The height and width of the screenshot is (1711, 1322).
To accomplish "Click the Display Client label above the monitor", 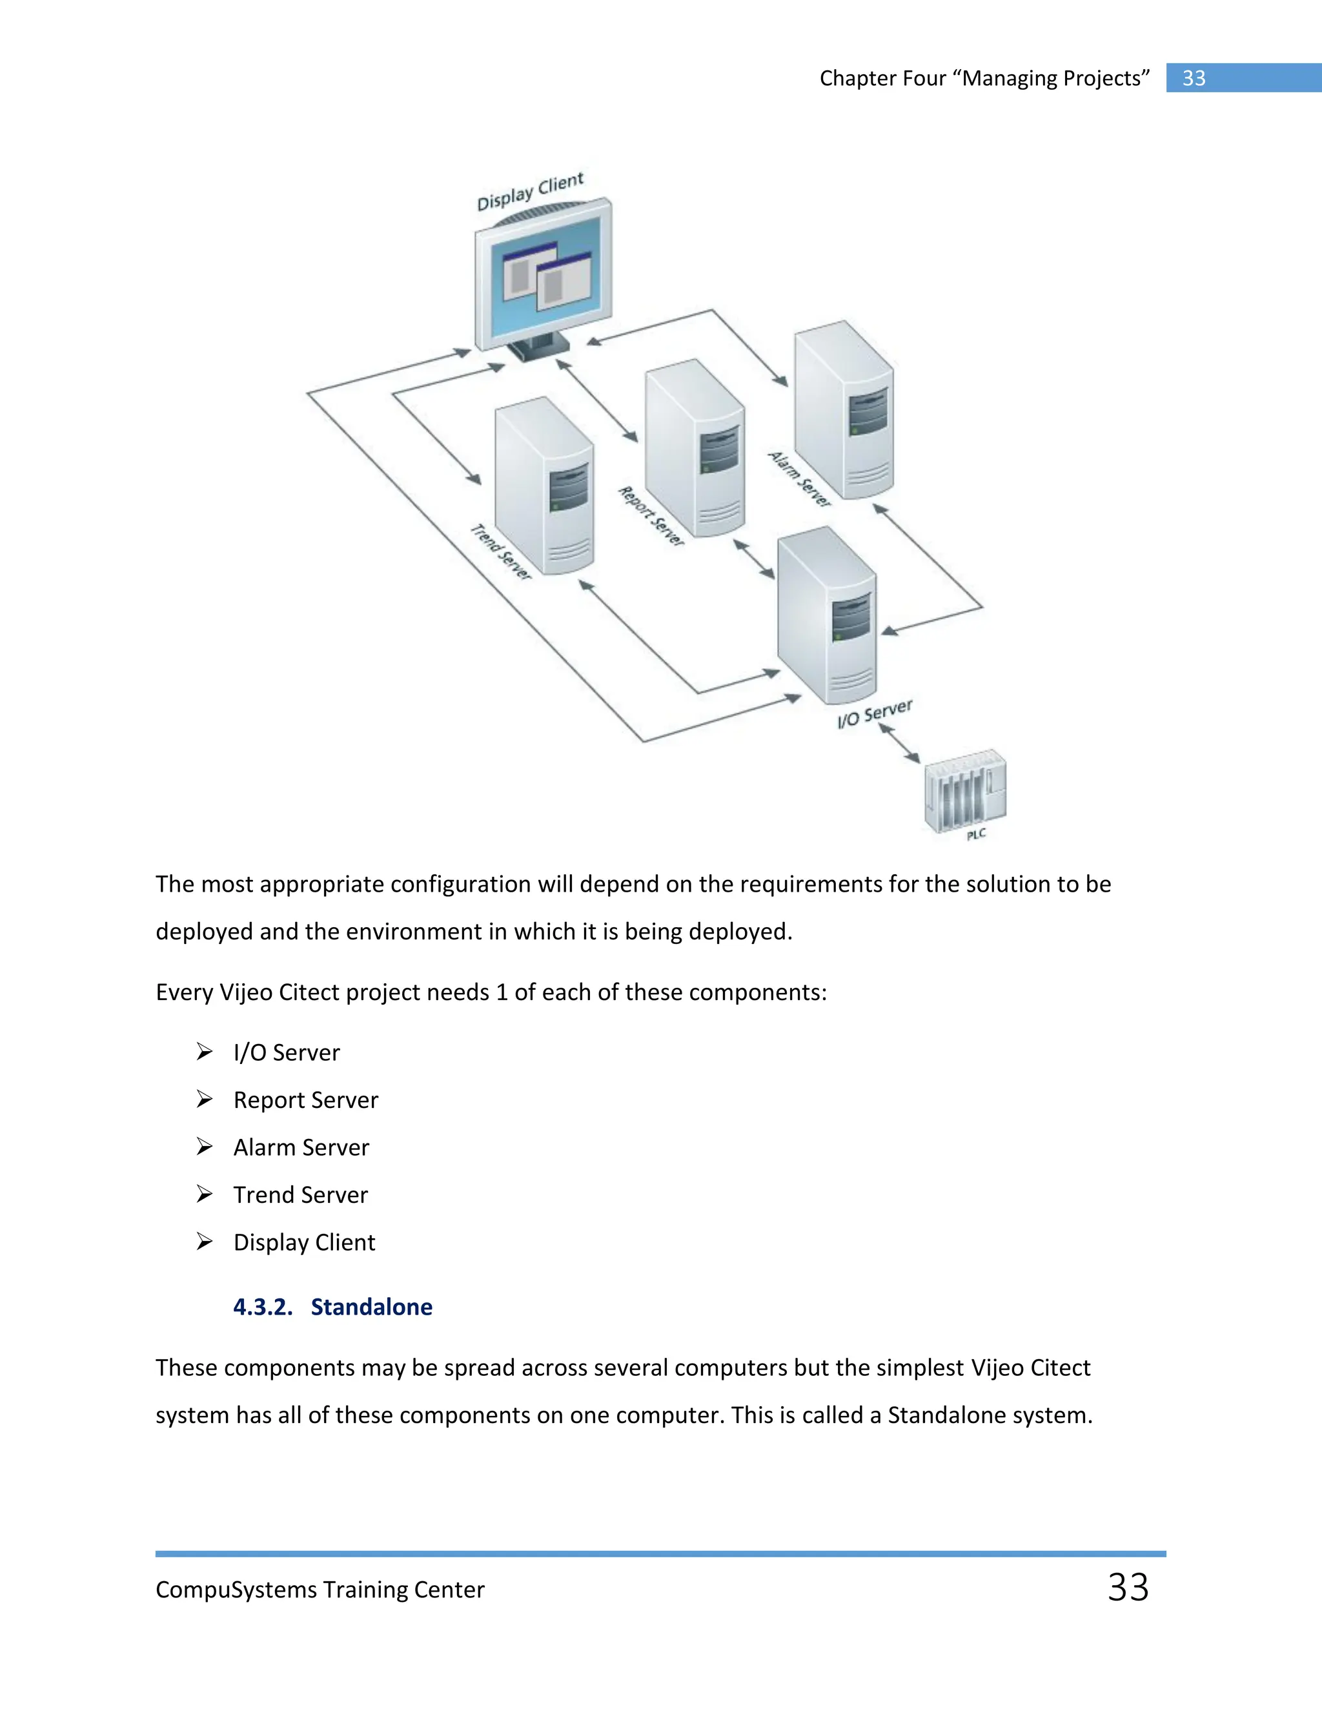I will click(530, 192).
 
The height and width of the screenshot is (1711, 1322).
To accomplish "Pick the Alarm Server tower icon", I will click(844, 409).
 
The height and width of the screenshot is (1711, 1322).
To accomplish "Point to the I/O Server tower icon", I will click(827, 614).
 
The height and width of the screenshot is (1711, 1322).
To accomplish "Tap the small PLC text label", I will click(976, 835).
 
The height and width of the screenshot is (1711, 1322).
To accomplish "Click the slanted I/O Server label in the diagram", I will click(875, 713).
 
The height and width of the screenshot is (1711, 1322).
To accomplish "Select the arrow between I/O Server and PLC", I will click(899, 743).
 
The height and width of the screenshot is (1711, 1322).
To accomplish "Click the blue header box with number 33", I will click(1243, 78).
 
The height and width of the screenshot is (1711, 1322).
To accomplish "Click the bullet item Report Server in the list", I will click(305, 1100).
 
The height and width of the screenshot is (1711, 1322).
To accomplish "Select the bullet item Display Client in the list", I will click(304, 1242).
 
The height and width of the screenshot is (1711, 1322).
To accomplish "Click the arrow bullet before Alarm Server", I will click(205, 1147).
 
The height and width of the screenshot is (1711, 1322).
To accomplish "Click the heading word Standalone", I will click(371, 1307).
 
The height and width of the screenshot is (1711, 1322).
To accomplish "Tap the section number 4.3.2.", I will click(262, 1307).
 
